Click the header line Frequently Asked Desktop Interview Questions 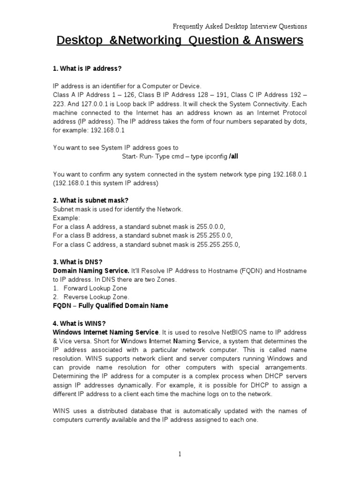coord(240,26)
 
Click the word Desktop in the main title coord(79,41)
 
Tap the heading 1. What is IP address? coord(87,69)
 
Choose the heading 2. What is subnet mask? coord(90,200)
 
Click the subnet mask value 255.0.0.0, coord(213,226)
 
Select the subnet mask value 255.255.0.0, coord(215,235)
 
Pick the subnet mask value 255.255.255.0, coord(218,244)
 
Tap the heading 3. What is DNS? coord(77,262)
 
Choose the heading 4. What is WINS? coord(79,323)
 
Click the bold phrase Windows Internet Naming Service coord(106,332)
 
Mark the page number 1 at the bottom coord(180,454)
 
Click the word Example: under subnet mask coord(67,218)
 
